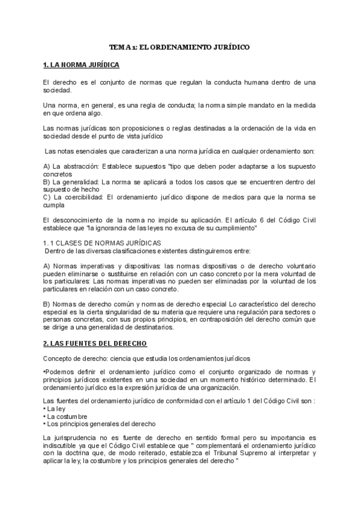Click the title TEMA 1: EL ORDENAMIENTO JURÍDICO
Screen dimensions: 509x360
(179, 46)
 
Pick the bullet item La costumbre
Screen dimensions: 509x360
(67, 417)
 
